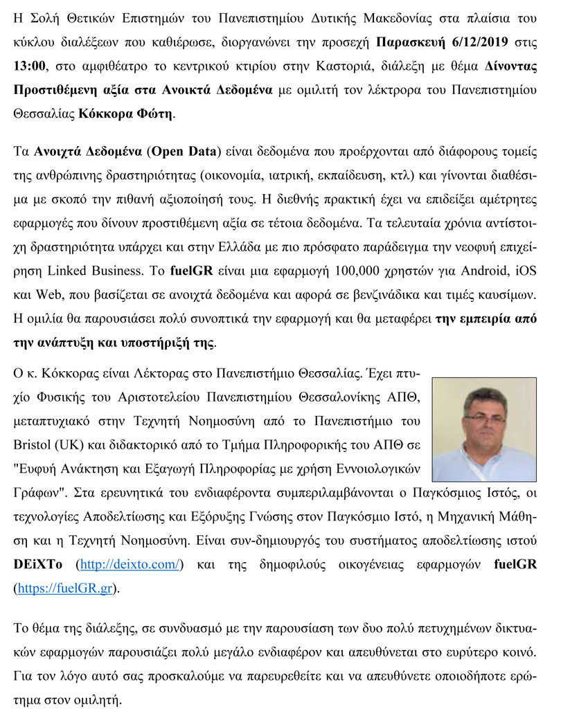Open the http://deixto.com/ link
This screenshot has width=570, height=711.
click(131, 564)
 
